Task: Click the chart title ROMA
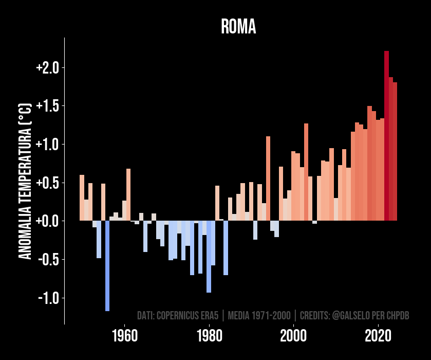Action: point(238,27)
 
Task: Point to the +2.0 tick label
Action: point(48,68)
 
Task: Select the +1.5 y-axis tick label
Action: point(48,106)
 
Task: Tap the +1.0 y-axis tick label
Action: point(48,145)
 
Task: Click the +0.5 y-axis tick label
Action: point(48,183)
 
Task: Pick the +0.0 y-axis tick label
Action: point(48,221)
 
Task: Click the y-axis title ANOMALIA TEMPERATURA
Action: point(25,181)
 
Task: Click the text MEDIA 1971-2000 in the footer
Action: point(259,315)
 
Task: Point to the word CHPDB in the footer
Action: point(399,315)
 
